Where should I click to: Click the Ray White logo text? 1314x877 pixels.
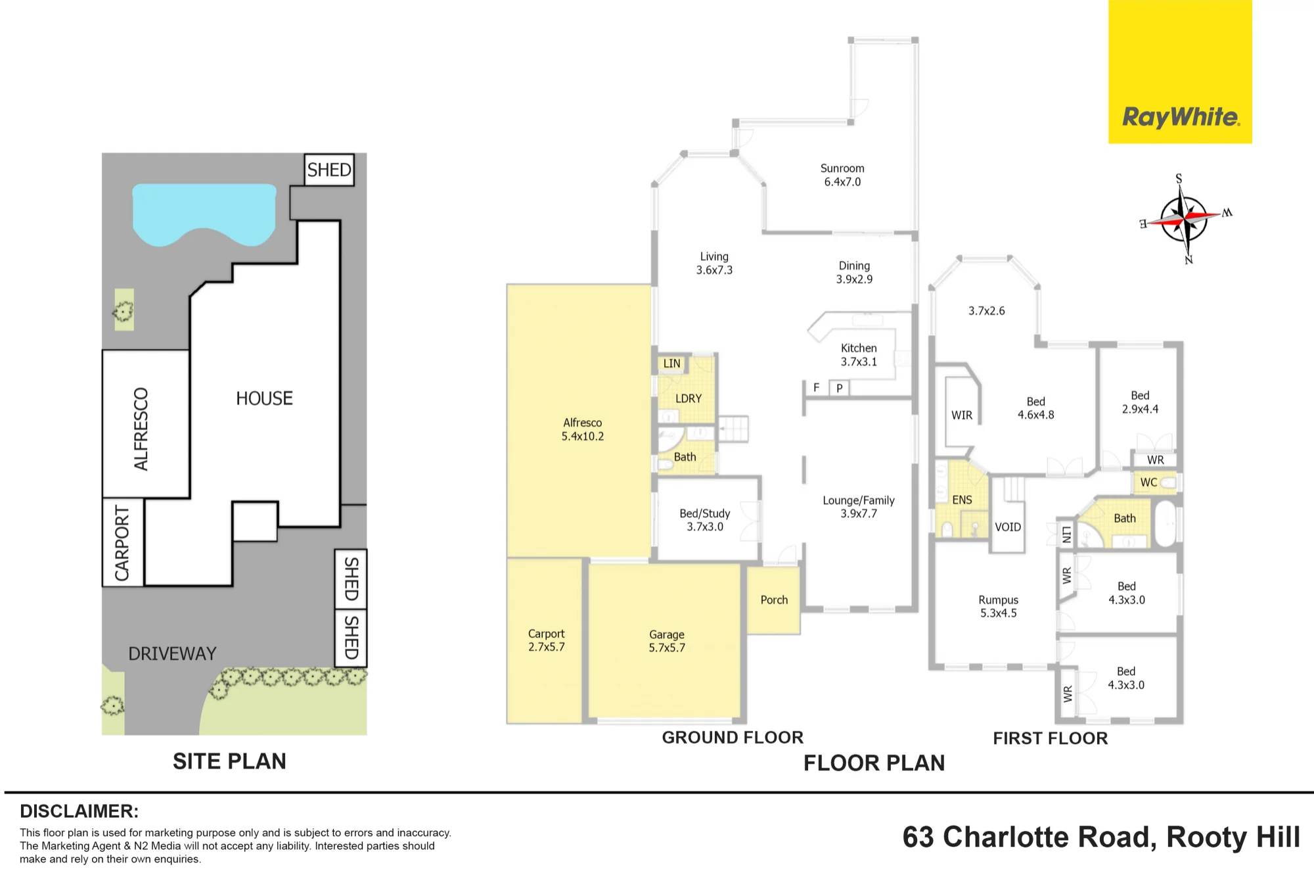[1181, 117]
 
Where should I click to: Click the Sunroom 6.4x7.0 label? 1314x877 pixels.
[842, 175]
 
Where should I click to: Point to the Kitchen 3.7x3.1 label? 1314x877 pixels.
[859, 355]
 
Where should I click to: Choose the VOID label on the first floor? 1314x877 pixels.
[1008, 527]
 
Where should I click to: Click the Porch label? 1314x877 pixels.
[774, 600]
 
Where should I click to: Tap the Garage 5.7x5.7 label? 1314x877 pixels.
[667, 641]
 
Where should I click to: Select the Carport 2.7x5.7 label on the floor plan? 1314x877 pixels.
[547, 640]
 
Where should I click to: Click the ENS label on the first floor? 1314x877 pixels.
[962, 500]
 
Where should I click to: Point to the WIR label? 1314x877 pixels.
[962, 415]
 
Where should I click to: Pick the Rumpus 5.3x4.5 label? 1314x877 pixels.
[999, 606]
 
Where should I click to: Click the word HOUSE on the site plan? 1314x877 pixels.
[264, 398]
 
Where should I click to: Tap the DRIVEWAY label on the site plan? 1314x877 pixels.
[172, 653]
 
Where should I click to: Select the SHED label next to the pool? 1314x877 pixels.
[329, 170]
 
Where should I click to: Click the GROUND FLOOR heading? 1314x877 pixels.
[733, 738]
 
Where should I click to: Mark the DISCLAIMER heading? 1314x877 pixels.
[79, 811]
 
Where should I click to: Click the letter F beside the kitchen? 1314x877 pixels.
[817, 388]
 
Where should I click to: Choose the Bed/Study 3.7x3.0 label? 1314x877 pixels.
[705, 520]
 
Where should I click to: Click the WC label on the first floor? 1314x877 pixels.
[1149, 483]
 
